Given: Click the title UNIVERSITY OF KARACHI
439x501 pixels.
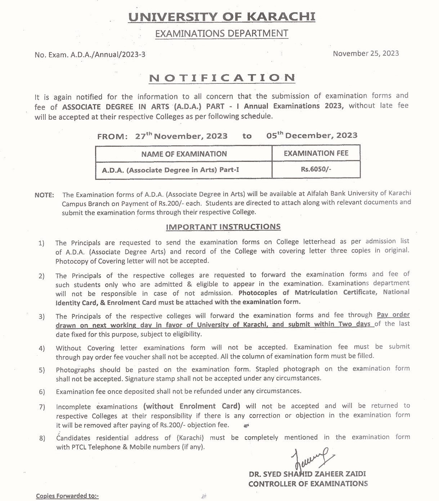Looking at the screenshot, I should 222,17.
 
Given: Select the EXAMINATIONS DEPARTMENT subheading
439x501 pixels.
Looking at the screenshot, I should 221,34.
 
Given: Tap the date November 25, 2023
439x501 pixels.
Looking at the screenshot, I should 366,54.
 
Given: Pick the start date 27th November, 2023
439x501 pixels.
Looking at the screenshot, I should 182,136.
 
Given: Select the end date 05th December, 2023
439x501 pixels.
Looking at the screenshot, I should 312,136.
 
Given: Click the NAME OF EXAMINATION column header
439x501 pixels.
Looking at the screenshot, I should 184,154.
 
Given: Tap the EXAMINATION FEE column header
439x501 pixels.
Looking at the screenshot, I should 316,153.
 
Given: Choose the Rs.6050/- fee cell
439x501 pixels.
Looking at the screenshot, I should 316,169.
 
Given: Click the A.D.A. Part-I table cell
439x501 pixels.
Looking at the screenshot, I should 170,170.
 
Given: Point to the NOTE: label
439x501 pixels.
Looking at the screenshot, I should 44,195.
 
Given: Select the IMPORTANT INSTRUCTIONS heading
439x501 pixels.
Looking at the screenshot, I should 223,227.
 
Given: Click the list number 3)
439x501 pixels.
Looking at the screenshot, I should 42,317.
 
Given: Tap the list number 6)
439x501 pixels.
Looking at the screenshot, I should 42,392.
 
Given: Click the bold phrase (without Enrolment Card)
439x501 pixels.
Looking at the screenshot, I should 192,406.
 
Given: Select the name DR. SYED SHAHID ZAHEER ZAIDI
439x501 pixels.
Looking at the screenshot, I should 307,474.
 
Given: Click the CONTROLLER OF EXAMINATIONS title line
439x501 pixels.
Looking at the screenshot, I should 308,484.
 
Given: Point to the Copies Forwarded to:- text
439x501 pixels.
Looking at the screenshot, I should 67,496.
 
